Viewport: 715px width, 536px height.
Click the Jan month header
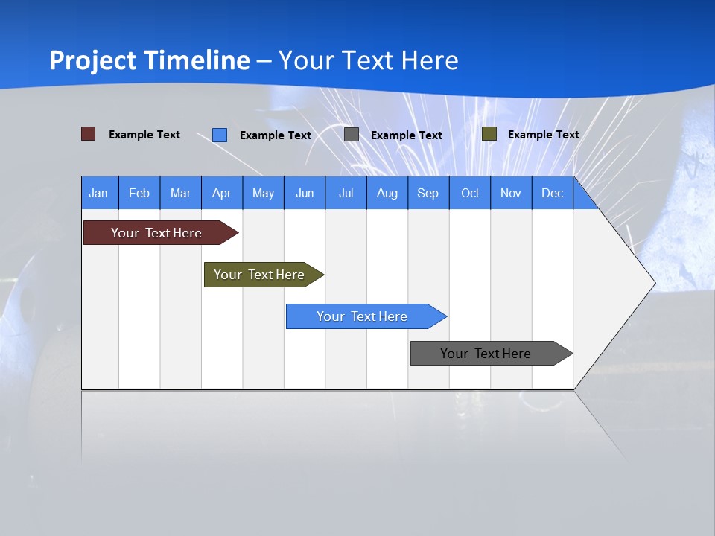click(x=99, y=193)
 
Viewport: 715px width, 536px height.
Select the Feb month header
click(x=139, y=193)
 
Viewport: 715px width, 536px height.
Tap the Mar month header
click(x=180, y=193)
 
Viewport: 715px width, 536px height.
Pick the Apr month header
click(x=222, y=193)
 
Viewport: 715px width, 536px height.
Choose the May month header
click(x=263, y=193)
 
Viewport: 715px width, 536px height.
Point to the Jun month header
click(x=305, y=193)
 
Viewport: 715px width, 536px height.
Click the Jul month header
click(x=346, y=193)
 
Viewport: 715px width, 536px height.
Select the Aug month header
click(x=387, y=193)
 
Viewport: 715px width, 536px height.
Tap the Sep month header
click(x=428, y=193)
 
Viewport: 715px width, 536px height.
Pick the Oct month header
click(x=470, y=193)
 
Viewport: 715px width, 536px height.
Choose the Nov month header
click(x=511, y=193)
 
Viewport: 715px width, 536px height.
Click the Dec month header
click(x=553, y=193)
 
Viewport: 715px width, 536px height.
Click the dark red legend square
click(x=89, y=134)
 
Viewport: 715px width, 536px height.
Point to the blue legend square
click(x=220, y=135)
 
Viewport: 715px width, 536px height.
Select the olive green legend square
click(x=489, y=134)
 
